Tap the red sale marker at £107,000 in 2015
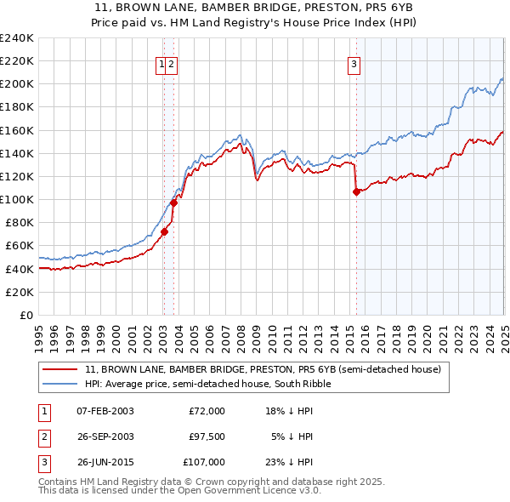[x=356, y=191]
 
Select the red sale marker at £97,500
[x=173, y=203]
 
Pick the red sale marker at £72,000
[x=164, y=231]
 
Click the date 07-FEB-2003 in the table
[x=105, y=411]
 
